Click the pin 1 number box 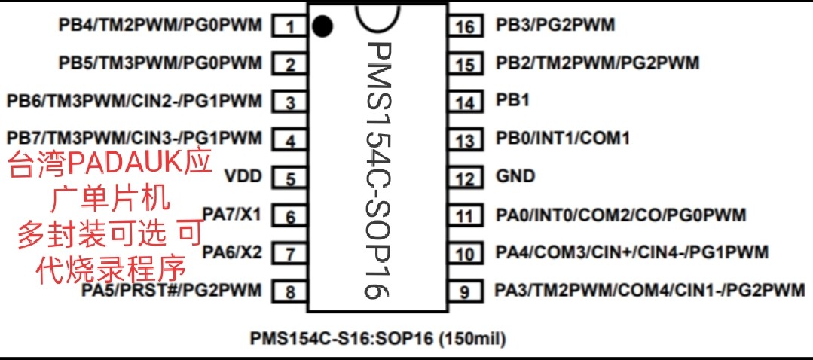click(289, 28)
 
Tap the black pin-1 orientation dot click(322, 26)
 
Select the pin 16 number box click(467, 27)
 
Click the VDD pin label click(243, 177)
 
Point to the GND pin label click(515, 176)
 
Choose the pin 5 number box click(289, 179)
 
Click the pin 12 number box click(467, 179)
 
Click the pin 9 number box click(467, 291)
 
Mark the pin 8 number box click(289, 291)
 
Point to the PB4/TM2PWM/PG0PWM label click(160, 25)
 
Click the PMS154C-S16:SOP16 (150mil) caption click(377, 338)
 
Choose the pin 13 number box click(467, 140)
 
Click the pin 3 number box click(289, 102)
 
